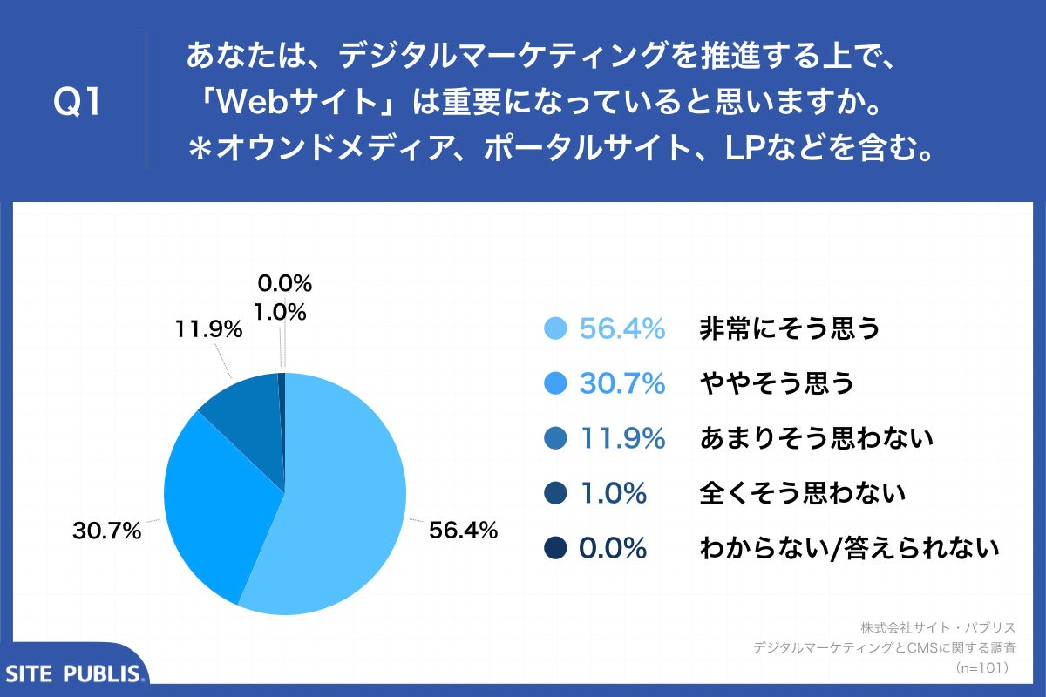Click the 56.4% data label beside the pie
click(463, 530)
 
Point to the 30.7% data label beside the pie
click(106, 530)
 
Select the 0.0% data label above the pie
click(283, 283)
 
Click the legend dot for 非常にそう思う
click(555, 328)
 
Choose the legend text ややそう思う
click(776, 383)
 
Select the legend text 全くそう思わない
click(803, 493)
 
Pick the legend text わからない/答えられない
click(848, 548)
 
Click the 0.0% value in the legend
click(613, 548)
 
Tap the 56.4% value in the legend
click(622, 328)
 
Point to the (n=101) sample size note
click(981, 668)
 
